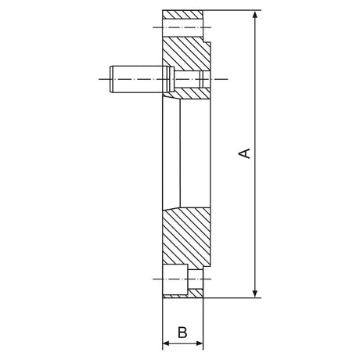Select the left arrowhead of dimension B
point(165,344)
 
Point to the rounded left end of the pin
point(112,77)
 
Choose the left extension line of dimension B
point(162,325)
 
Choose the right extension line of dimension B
point(203,325)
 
